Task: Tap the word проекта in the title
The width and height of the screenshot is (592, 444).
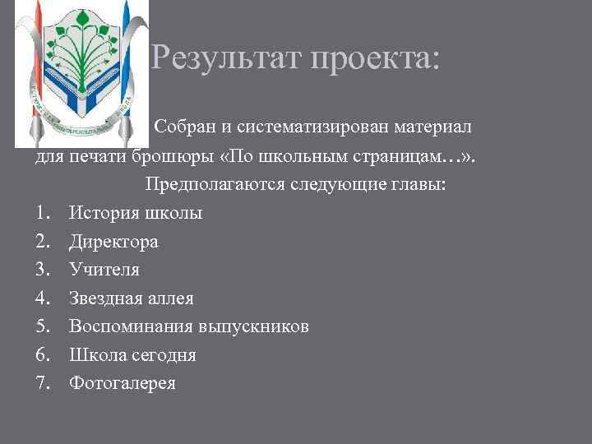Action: click(376, 58)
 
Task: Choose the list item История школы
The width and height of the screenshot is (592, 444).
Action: click(136, 213)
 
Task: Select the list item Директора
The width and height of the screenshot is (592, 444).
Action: click(113, 242)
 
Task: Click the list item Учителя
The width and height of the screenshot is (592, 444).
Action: click(104, 270)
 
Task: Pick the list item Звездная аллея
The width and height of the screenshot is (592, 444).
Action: click(132, 298)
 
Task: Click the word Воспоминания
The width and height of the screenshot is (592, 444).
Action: click(132, 326)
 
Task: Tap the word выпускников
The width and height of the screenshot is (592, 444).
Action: click(254, 326)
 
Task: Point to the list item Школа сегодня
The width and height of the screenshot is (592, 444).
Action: click(132, 355)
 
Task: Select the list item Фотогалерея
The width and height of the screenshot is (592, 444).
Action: click(123, 383)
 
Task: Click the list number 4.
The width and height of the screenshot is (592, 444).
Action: click(43, 298)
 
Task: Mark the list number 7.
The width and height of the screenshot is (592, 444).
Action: click(43, 383)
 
